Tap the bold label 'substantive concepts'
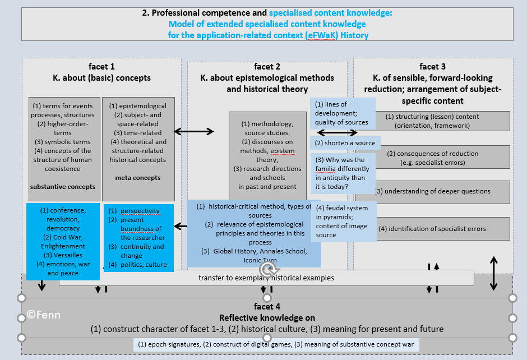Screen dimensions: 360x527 tap(62, 187)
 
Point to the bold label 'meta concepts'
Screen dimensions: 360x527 tap(137, 178)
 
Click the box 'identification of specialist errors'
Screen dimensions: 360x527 tap(432, 229)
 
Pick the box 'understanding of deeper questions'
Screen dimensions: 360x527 tap(432, 191)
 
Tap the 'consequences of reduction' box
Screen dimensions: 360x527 tap(432, 158)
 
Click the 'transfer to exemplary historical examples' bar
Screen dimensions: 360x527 tap(266, 278)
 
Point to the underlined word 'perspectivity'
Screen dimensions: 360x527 tap(140, 211)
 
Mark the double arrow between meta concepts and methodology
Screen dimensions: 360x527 tap(194, 132)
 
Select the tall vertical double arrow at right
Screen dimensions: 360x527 tap(493, 273)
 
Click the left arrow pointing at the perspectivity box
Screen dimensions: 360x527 tap(181, 227)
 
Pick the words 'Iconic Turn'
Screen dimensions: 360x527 tap(260, 260)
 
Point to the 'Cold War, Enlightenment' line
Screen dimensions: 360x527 tap(63, 242)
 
